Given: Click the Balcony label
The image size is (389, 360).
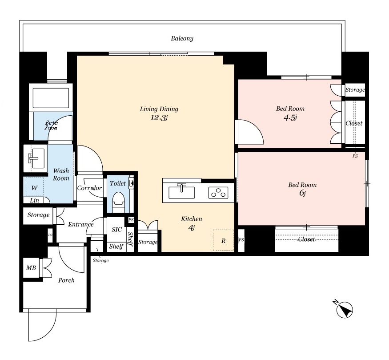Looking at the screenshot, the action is pyautogui.click(x=182, y=38).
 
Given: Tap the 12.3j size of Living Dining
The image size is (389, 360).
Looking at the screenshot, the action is pyautogui.click(x=159, y=117).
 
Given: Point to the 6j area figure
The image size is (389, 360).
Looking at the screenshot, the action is pyautogui.click(x=302, y=193).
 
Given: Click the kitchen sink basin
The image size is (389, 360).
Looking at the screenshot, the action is pyautogui.click(x=181, y=192).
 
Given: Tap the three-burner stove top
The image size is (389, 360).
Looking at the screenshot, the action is pyautogui.click(x=218, y=193).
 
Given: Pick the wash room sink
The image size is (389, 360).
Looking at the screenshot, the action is pyautogui.click(x=36, y=158).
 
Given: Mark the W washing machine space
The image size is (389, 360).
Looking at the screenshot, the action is pyautogui.click(x=35, y=187).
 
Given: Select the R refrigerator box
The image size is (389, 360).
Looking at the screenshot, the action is pyautogui.click(x=223, y=240).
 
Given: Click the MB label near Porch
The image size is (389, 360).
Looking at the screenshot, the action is pyautogui.click(x=31, y=267).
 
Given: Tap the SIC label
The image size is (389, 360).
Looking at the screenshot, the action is pyautogui.click(x=117, y=230).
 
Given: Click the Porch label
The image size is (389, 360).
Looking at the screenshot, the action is pyautogui.click(x=66, y=280).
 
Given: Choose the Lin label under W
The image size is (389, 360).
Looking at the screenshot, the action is pyautogui.click(x=35, y=200).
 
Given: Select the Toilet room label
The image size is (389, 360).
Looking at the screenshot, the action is pyautogui.click(x=118, y=183).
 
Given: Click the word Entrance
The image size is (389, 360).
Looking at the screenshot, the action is pyautogui.click(x=81, y=224).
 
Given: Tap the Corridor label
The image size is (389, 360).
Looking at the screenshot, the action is pyautogui.click(x=89, y=188).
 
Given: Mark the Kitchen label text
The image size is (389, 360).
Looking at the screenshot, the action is pyautogui.click(x=192, y=219).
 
